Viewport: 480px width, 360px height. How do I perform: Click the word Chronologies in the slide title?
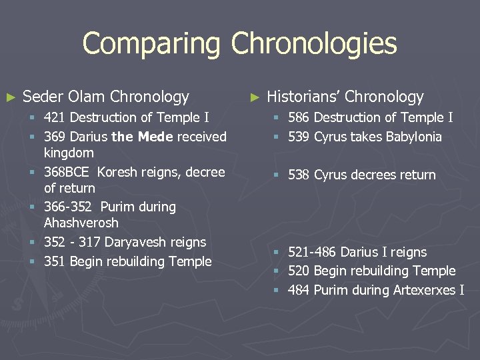[x=313, y=45]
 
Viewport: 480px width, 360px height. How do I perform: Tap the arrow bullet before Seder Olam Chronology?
[x=9, y=97]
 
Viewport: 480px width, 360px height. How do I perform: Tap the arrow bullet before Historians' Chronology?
[x=253, y=97]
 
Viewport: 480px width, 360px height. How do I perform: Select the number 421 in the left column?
[x=55, y=118]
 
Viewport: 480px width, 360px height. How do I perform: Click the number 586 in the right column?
[x=299, y=118]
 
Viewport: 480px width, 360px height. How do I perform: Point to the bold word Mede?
[x=155, y=137]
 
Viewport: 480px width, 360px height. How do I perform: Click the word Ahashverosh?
[x=81, y=223]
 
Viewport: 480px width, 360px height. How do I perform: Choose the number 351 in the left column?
[x=55, y=261]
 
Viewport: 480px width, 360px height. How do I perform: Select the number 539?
[x=299, y=137]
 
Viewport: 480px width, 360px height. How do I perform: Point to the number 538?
[x=299, y=175]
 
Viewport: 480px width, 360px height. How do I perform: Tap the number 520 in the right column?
[x=299, y=271]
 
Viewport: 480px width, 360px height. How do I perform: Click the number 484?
[x=299, y=290]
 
